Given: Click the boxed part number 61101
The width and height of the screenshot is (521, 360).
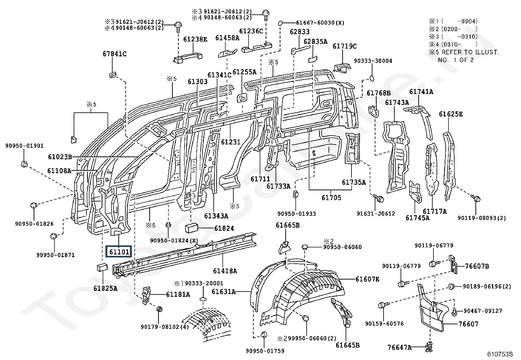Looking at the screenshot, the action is [x=119, y=252].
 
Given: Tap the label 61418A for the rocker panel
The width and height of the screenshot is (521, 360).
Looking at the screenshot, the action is [x=225, y=271].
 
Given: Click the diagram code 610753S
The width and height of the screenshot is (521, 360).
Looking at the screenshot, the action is [x=500, y=354].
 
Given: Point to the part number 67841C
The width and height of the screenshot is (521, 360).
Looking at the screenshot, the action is [x=115, y=54].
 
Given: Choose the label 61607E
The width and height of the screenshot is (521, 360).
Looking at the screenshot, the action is [x=368, y=279].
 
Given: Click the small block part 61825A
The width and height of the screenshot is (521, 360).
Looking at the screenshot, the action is [x=102, y=267].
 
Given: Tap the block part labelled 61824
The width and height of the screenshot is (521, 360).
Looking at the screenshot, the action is [x=191, y=228].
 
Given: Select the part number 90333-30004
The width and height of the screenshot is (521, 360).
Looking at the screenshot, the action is [x=373, y=61].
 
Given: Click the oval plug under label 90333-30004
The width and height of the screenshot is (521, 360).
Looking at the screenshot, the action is [x=372, y=79].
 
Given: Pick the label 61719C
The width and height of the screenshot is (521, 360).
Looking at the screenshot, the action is [x=345, y=46].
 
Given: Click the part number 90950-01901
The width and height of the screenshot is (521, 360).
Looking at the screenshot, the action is [x=25, y=146].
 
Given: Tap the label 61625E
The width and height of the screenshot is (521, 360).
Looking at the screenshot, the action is [x=451, y=114].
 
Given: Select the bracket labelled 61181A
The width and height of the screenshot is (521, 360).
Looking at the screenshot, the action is [x=146, y=295].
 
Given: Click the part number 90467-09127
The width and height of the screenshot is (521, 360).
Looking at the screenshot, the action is [x=483, y=311].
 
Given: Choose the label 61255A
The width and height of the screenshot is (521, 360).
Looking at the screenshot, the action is [x=244, y=72].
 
